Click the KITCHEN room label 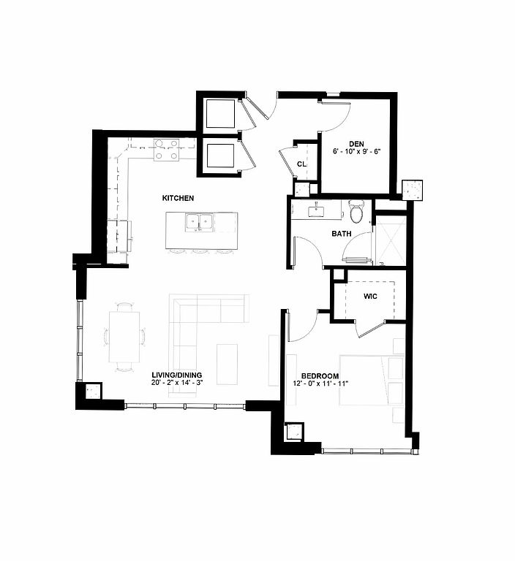[x=178, y=198]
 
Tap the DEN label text [x=356, y=144]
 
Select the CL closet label [x=302, y=164]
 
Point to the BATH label [x=341, y=234]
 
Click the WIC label [x=370, y=297]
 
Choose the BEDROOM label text [x=320, y=376]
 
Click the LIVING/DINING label [x=177, y=375]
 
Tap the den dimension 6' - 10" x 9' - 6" [x=356, y=152]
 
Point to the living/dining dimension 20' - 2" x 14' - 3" [x=177, y=383]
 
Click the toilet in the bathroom [x=356, y=211]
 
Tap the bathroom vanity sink [x=317, y=210]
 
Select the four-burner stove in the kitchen [x=166, y=150]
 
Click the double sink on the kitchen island [x=199, y=223]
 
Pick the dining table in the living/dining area [x=124, y=337]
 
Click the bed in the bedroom [x=372, y=381]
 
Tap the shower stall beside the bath [x=391, y=240]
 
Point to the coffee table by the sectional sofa [x=227, y=365]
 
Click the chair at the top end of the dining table [x=124, y=307]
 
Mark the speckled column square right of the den [x=413, y=190]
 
